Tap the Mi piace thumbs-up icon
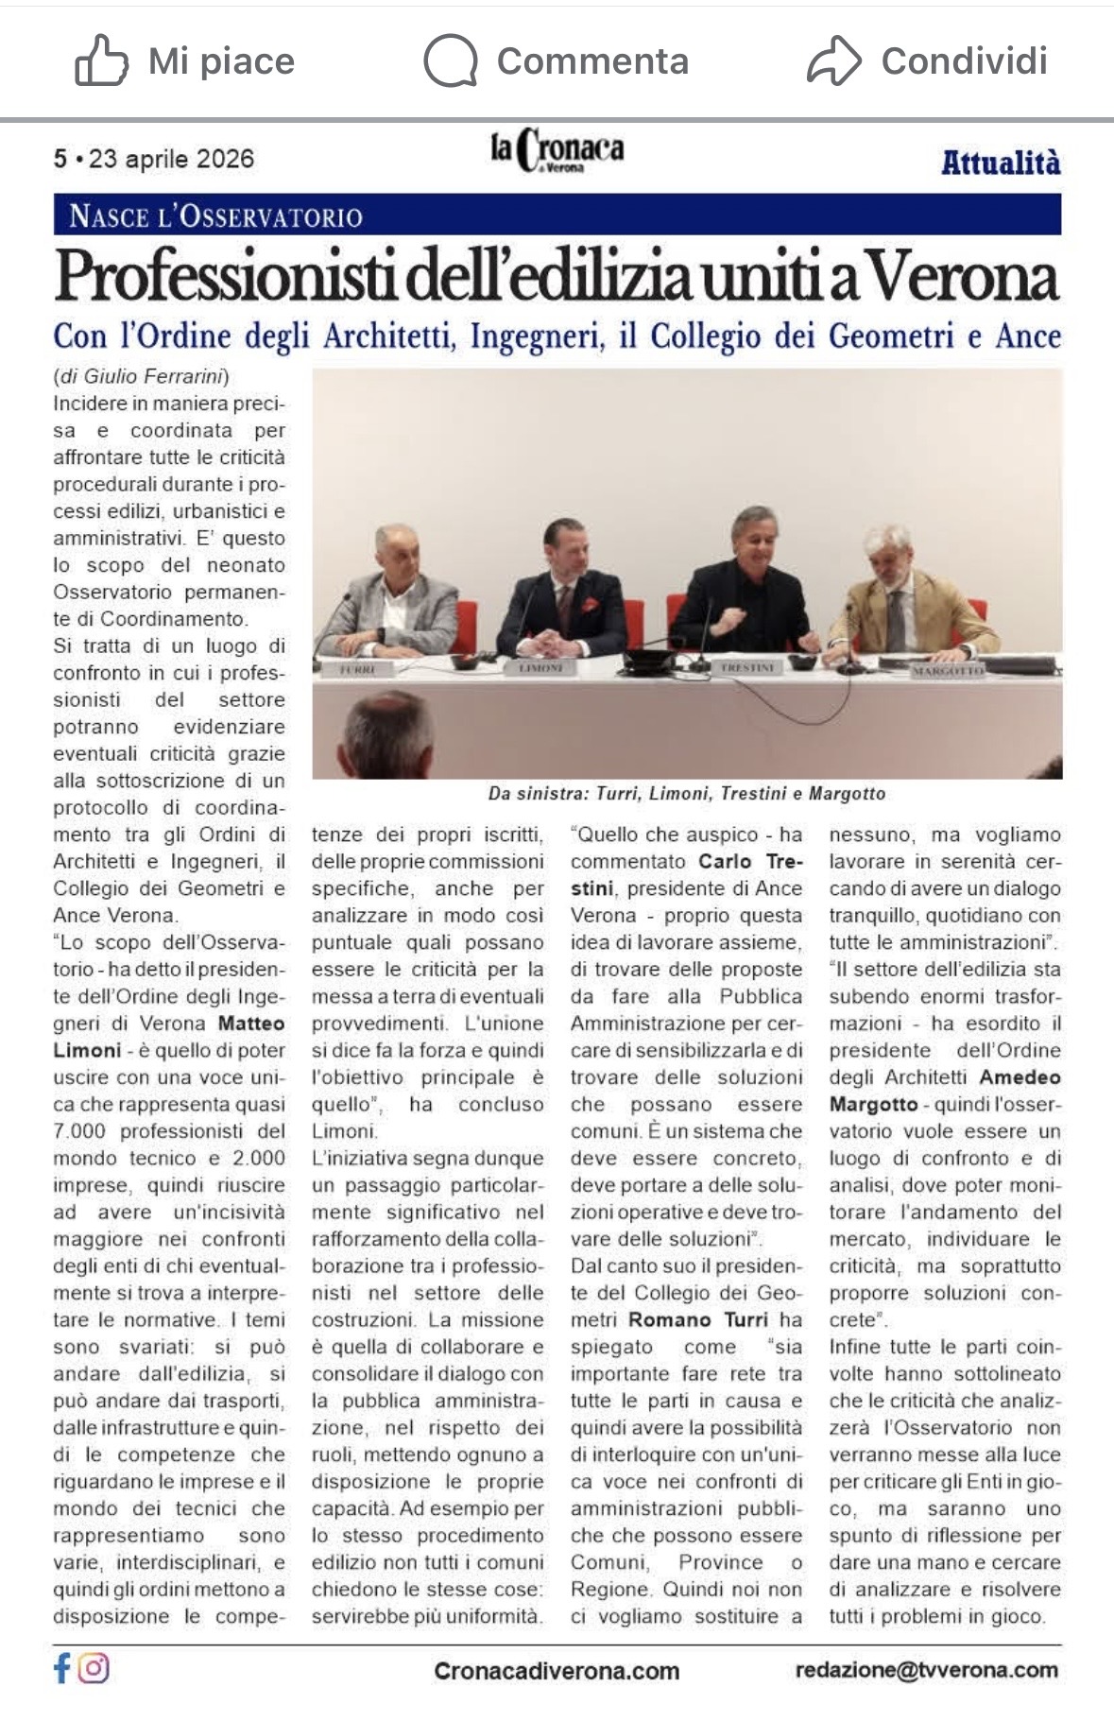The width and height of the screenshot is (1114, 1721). click(x=101, y=60)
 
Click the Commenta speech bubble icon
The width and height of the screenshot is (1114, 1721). click(x=450, y=60)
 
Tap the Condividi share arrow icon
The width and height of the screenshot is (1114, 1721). click(x=833, y=60)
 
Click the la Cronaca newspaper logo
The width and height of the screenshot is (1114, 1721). click(x=557, y=151)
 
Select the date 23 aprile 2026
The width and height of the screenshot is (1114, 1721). click(x=171, y=159)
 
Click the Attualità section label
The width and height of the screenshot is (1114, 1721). click(x=1000, y=163)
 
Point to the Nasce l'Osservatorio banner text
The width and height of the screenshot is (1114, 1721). click(x=215, y=216)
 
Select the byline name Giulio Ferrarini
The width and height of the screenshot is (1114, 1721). click(x=155, y=376)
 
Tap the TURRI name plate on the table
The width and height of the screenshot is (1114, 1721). click(x=357, y=669)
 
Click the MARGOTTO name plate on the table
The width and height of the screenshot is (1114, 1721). click(x=948, y=670)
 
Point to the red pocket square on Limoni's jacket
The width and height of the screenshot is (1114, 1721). click(x=589, y=604)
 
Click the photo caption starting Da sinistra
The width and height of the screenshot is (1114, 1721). click(x=686, y=794)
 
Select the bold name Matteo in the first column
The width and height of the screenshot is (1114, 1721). click(x=251, y=1024)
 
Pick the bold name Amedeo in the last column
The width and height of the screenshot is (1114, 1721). click(x=1020, y=1077)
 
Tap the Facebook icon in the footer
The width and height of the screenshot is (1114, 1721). click(x=62, y=1668)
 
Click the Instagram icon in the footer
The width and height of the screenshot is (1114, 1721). click(x=94, y=1668)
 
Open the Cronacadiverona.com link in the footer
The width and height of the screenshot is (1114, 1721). click(x=557, y=1671)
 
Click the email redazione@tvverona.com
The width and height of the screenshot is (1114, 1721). click(x=926, y=1670)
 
